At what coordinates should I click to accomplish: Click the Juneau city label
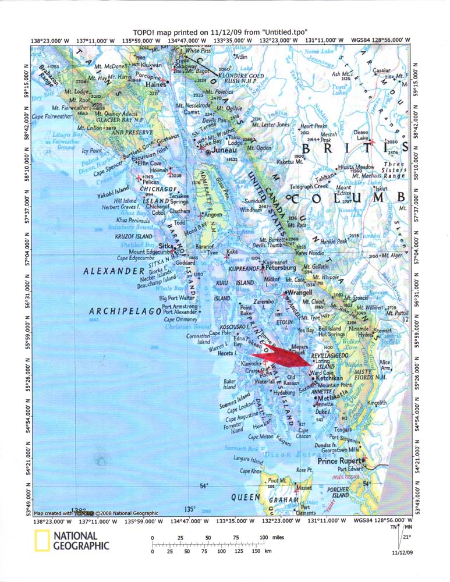coord(224,150)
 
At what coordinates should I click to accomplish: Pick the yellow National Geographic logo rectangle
coord(41,541)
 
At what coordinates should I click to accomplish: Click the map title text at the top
coord(220,31)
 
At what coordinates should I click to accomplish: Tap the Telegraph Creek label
coord(309,186)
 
